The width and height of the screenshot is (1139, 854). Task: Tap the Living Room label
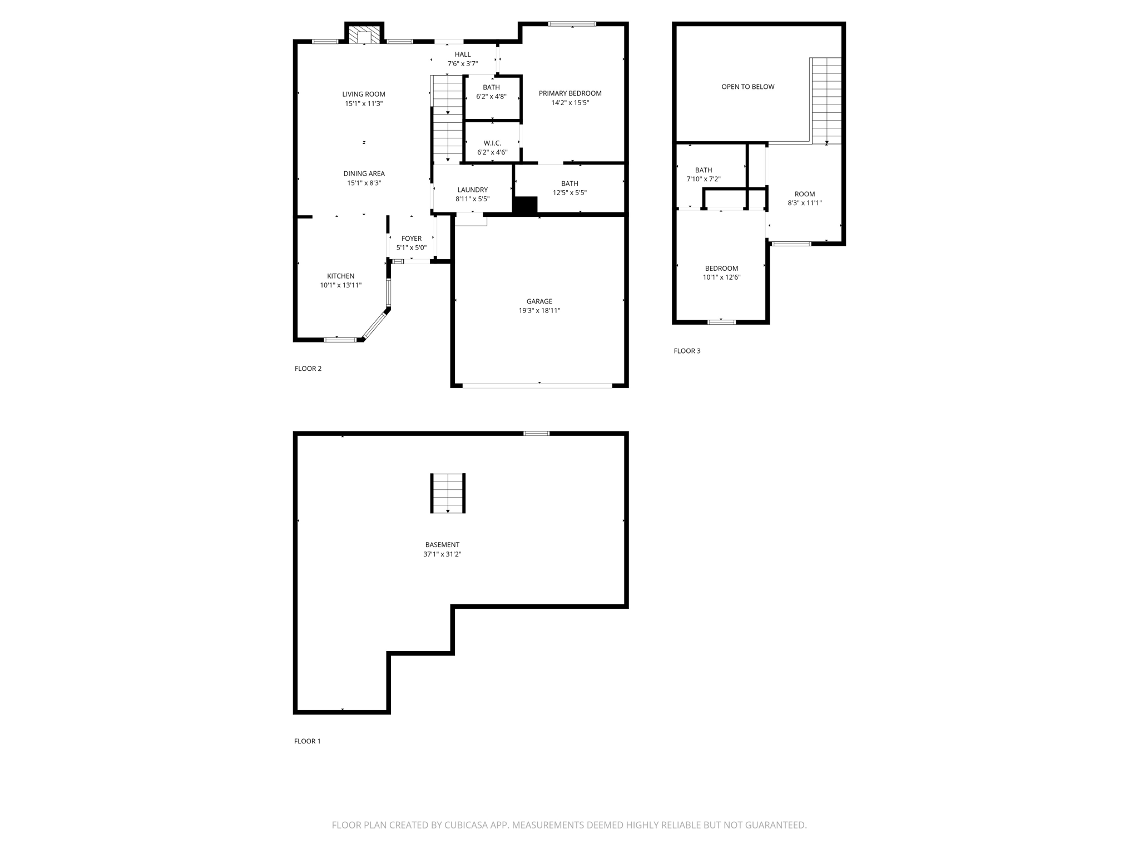coord(364,94)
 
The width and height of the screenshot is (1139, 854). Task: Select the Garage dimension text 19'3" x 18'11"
coord(539,311)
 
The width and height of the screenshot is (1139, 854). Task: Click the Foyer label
coord(411,239)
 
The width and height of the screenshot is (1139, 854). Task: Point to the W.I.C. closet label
coord(492,143)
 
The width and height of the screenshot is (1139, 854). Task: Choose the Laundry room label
coord(472,190)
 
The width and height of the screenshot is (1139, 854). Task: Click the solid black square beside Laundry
coord(524,205)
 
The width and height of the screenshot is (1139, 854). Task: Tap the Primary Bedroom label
coord(569,93)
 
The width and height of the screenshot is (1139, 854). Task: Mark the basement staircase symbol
coord(448,493)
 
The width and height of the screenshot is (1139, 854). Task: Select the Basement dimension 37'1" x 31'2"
coord(442,554)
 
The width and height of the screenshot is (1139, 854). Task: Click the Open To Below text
coord(747,87)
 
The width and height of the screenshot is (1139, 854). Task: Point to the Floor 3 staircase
coord(826,100)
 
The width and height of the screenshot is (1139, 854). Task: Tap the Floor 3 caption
coord(687,351)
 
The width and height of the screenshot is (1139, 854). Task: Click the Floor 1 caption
coord(307,741)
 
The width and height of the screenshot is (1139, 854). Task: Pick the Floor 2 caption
coord(308,369)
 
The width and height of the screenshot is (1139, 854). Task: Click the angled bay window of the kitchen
coord(375,325)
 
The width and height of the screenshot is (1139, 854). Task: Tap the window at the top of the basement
coord(536,433)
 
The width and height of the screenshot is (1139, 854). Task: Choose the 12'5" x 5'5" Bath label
coord(569,192)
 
